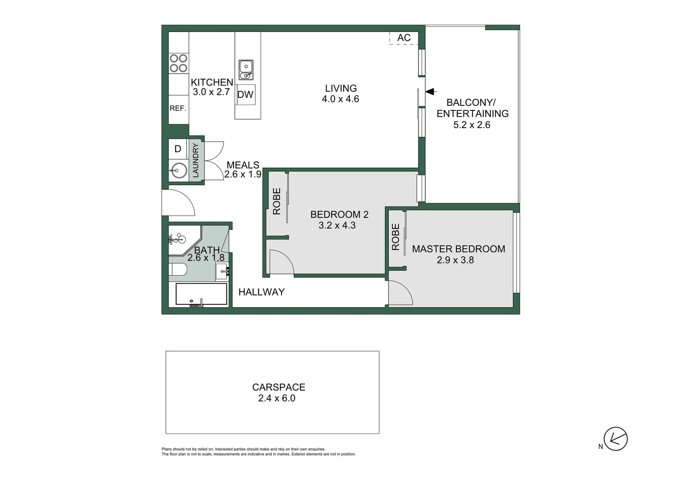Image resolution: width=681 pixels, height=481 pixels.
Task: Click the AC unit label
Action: (x=404, y=38)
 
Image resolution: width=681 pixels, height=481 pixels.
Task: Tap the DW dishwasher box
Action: (x=246, y=94)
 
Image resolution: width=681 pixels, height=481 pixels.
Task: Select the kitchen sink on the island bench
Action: (x=246, y=70)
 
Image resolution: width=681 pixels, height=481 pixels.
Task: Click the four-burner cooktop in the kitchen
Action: (x=178, y=63)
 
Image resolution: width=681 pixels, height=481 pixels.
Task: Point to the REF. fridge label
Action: (x=178, y=108)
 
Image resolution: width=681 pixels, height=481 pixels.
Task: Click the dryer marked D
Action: (x=177, y=149)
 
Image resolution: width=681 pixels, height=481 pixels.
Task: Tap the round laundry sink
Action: (x=179, y=170)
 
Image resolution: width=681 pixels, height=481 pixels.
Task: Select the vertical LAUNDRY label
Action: (x=195, y=159)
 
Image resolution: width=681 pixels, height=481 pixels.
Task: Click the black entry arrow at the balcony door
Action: (x=430, y=91)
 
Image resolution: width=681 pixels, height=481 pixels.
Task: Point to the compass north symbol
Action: (x=615, y=439)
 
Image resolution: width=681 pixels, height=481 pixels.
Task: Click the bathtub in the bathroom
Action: (x=201, y=294)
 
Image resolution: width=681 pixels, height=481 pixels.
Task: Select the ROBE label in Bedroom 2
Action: (x=277, y=201)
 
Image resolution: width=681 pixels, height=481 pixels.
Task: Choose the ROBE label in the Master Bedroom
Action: (x=395, y=237)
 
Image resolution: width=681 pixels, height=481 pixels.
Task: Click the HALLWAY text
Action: (x=261, y=292)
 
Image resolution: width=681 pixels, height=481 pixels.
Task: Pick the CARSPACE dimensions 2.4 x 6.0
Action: (x=277, y=399)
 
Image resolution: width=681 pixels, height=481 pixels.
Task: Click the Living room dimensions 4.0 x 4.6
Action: (x=340, y=99)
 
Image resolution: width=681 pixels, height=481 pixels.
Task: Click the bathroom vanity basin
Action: (x=222, y=271)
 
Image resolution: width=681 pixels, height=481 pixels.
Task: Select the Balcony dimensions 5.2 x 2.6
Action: (x=472, y=125)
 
